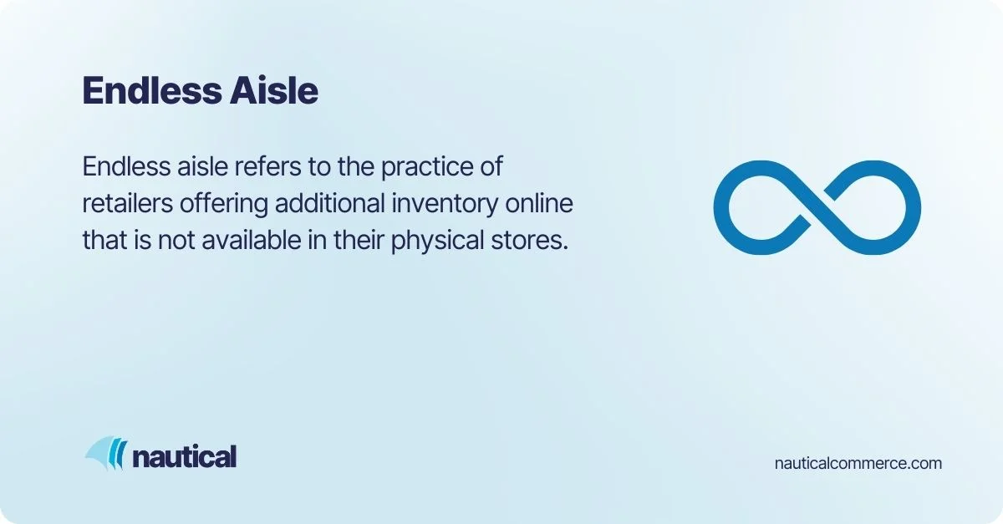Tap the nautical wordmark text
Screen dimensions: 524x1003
[184, 456]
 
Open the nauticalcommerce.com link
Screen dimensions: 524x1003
[858, 462]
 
